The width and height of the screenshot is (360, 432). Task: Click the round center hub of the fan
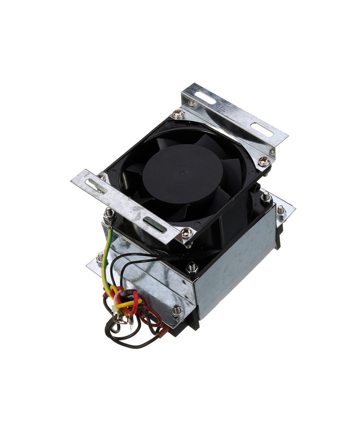coord(183,174)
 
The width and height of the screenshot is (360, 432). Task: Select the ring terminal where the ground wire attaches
coord(109,216)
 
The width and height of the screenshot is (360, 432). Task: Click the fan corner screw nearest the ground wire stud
coord(102,177)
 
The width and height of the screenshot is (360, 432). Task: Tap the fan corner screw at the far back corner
coord(178,114)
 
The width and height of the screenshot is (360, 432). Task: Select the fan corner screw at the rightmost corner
coord(265,161)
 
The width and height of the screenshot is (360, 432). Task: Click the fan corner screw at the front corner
coord(186,233)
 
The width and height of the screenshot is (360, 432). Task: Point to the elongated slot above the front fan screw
coord(154,224)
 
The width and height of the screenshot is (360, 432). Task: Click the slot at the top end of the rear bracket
coord(205,98)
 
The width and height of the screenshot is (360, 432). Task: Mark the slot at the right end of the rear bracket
coord(262,130)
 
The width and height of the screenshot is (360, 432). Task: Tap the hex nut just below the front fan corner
coord(192,267)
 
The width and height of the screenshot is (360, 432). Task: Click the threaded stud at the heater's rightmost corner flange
coord(280,210)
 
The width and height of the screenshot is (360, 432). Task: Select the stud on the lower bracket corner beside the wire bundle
coord(176,310)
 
